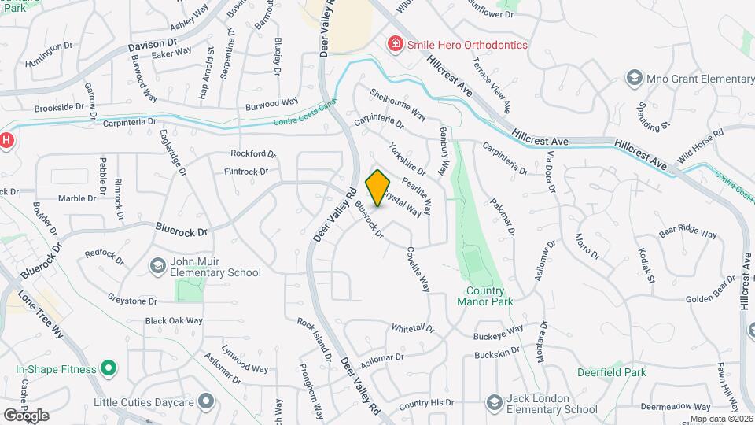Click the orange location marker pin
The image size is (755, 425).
tap(378, 188)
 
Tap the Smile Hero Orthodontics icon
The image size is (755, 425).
tap(396, 44)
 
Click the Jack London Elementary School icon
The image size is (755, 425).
tap(495, 403)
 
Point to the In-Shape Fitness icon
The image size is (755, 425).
tap(109, 369)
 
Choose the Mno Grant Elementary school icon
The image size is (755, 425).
tap(634, 78)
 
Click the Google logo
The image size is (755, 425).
tap(26, 415)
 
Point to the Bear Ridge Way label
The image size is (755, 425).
tap(688, 233)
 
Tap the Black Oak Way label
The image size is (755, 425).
tap(174, 320)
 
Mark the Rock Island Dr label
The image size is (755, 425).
tap(314, 339)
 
